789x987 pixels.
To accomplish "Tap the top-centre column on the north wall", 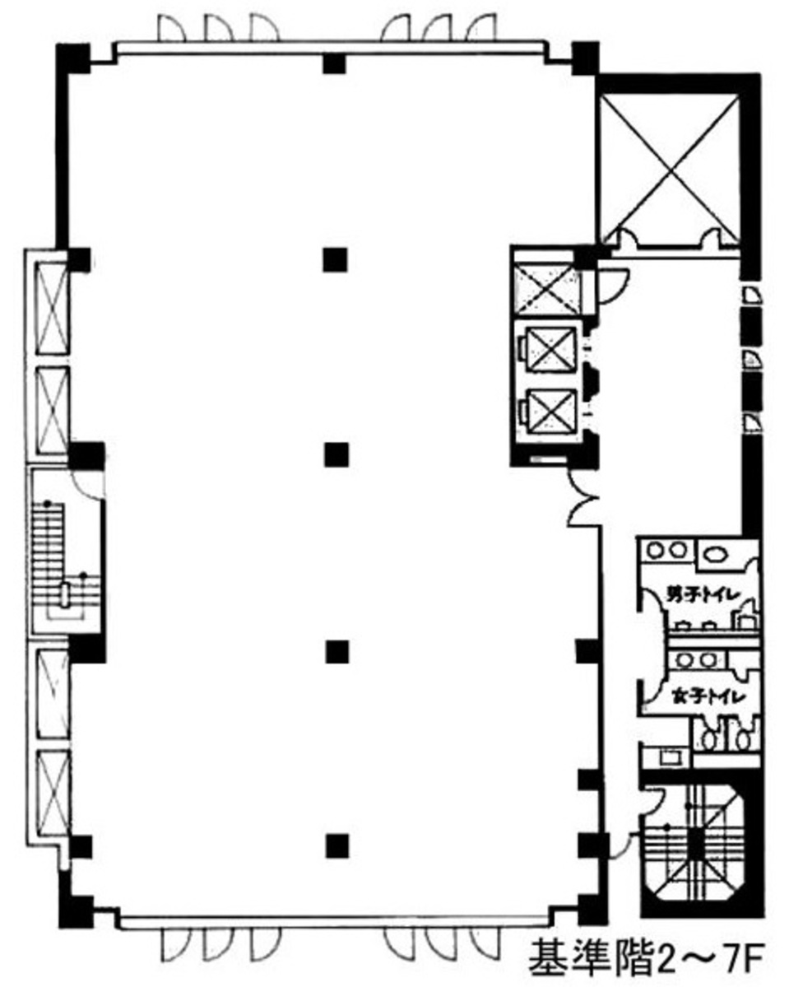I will tap(332, 63).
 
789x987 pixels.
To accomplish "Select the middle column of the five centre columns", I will tap(335, 454).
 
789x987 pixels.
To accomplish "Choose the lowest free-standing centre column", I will tap(335, 845).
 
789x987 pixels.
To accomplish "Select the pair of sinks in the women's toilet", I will tap(697, 660).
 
